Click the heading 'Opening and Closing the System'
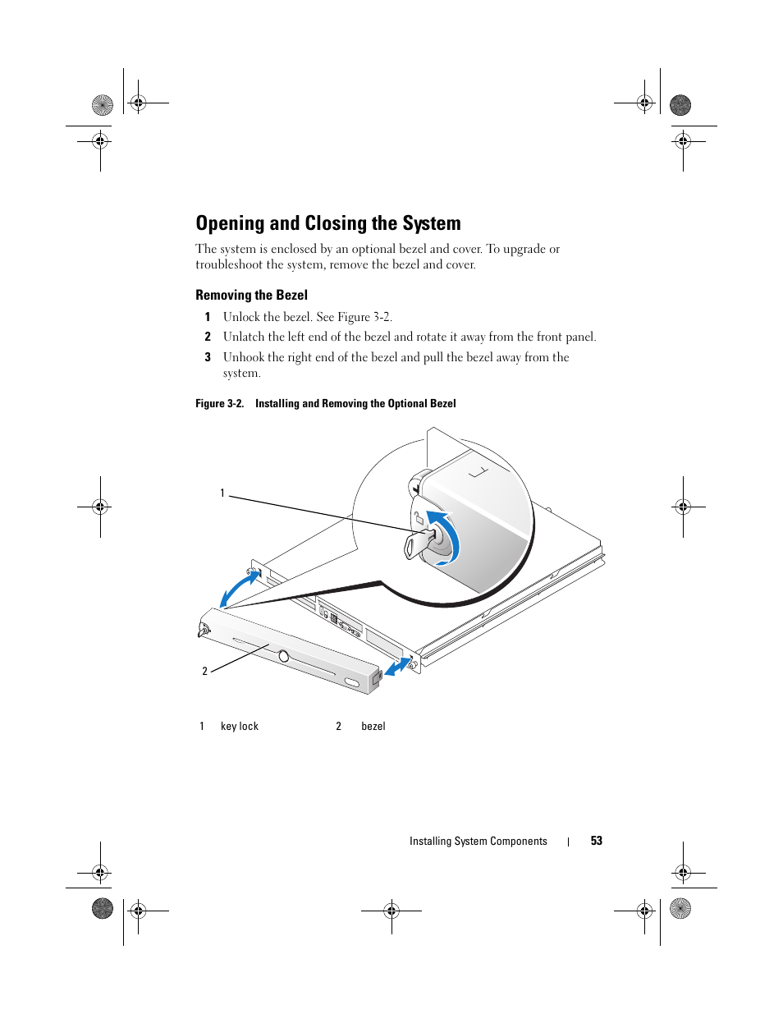[x=327, y=223]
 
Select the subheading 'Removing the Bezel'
[x=251, y=295]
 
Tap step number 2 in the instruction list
[x=208, y=337]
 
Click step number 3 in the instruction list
[x=208, y=357]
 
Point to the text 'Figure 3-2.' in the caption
[x=219, y=403]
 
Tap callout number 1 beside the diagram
[x=222, y=493]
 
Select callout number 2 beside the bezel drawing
[x=204, y=671]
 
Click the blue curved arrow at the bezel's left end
[x=240, y=587]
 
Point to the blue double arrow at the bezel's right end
[x=398, y=667]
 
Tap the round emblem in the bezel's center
[x=283, y=656]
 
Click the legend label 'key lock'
[x=240, y=726]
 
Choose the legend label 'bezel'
[x=373, y=726]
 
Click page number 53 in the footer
[x=596, y=841]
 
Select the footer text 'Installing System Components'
[x=478, y=841]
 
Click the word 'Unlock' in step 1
[x=241, y=317]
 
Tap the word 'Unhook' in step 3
[x=244, y=357]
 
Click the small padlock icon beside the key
[x=418, y=517]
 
